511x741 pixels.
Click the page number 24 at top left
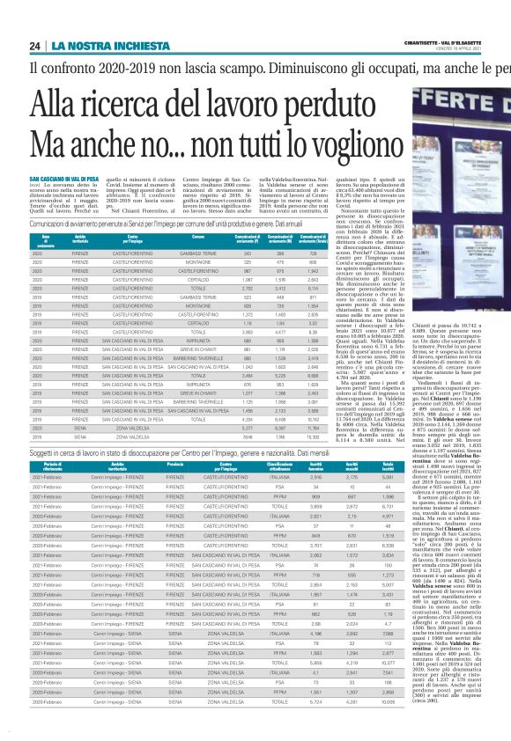[x=36, y=45]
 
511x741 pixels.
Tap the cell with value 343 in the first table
[x=280, y=253]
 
